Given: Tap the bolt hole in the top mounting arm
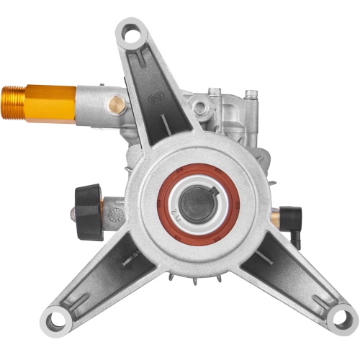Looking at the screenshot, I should coord(130,32).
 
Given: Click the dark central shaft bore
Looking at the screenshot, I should coord(195,207).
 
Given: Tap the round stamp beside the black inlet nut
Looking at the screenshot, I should coord(114,215).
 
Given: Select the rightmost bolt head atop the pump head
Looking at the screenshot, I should coord(251,94).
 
